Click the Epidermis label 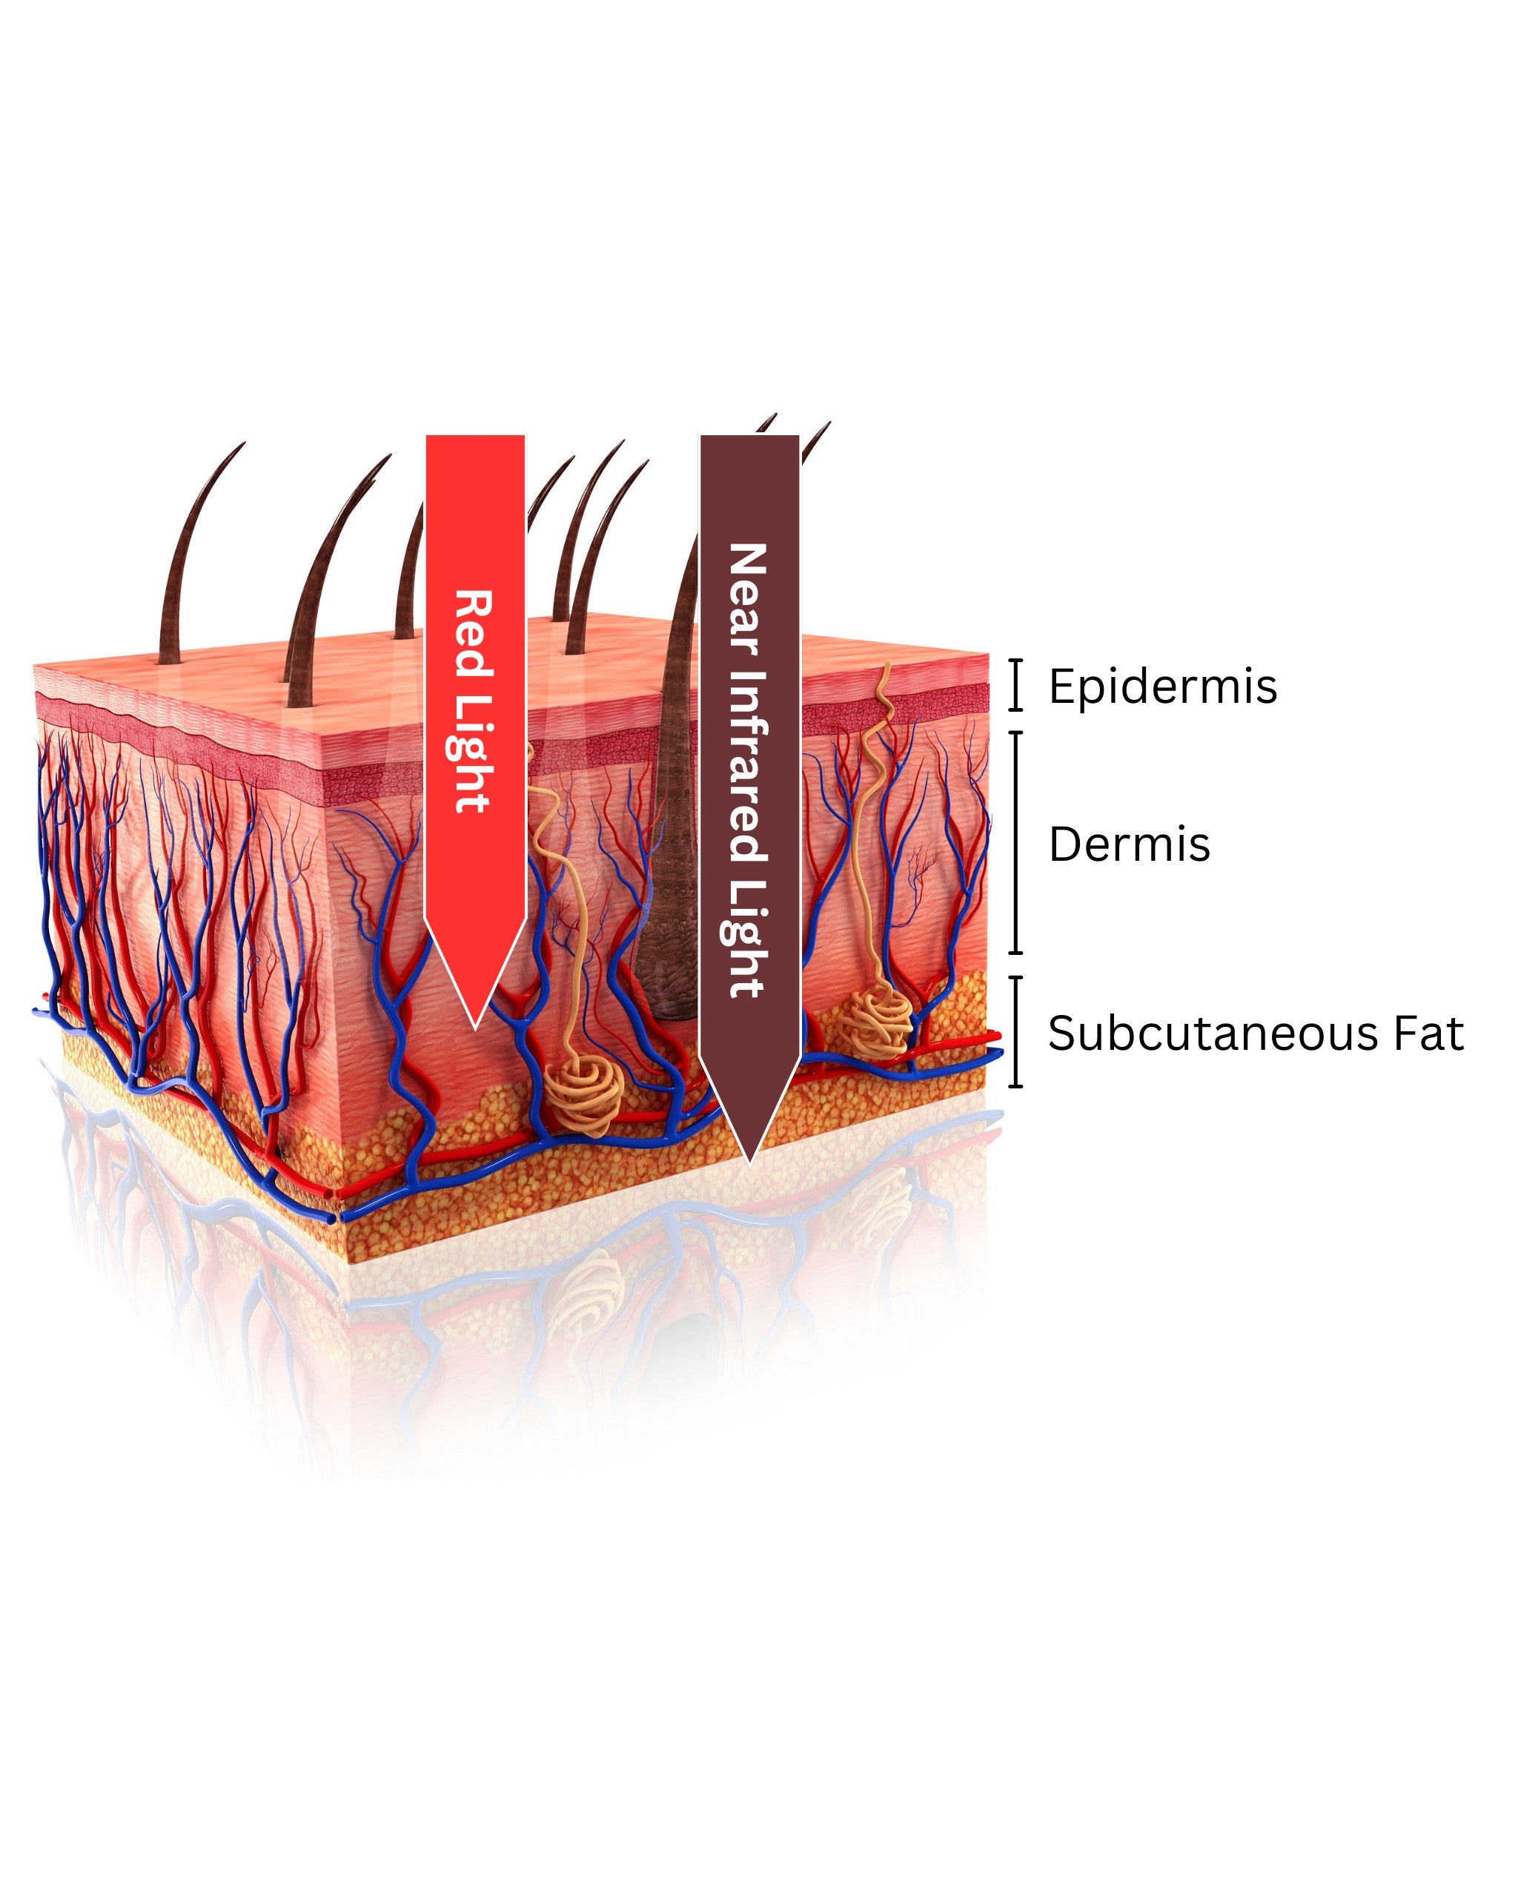click(x=1161, y=686)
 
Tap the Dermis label click(x=1129, y=844)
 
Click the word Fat click(x=1428, y=1034)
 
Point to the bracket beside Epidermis click(x=1016, y=684)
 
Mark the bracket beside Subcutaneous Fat click(x=1016, y=1032)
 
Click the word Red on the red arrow click(x=474, y=634)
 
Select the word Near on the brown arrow click(x=748, y=598)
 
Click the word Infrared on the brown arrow click(x=748, y=766)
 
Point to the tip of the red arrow click(x=475, y=1025)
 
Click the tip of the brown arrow click(x=749, y=1162)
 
